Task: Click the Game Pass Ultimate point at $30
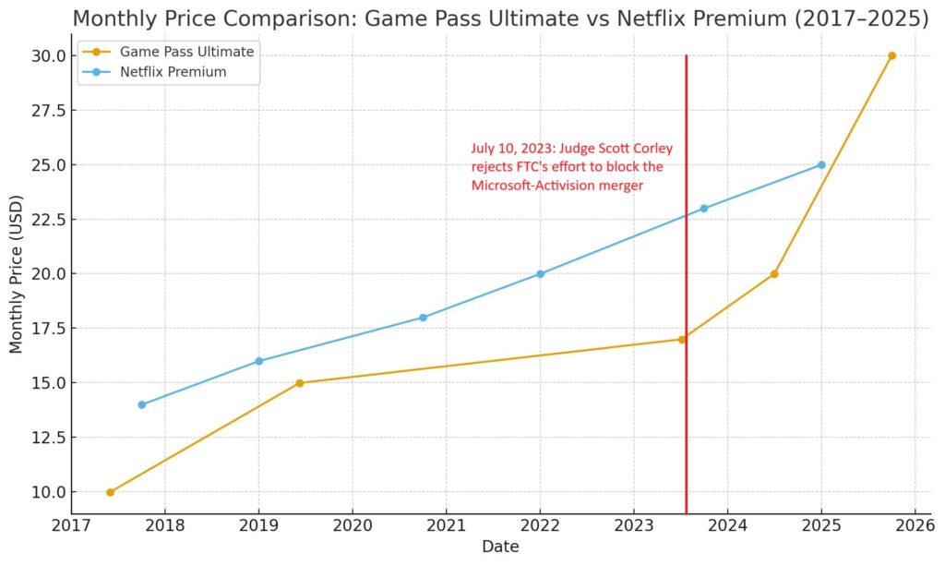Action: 891,55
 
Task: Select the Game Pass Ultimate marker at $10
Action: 110,492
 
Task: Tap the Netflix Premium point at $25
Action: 821,164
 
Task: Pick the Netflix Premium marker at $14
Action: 141,404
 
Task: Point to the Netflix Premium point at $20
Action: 540,273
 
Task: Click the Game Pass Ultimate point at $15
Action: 299,383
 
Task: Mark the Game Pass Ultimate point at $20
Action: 774,273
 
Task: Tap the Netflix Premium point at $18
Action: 423,318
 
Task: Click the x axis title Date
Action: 500,547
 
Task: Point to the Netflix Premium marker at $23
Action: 704,209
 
